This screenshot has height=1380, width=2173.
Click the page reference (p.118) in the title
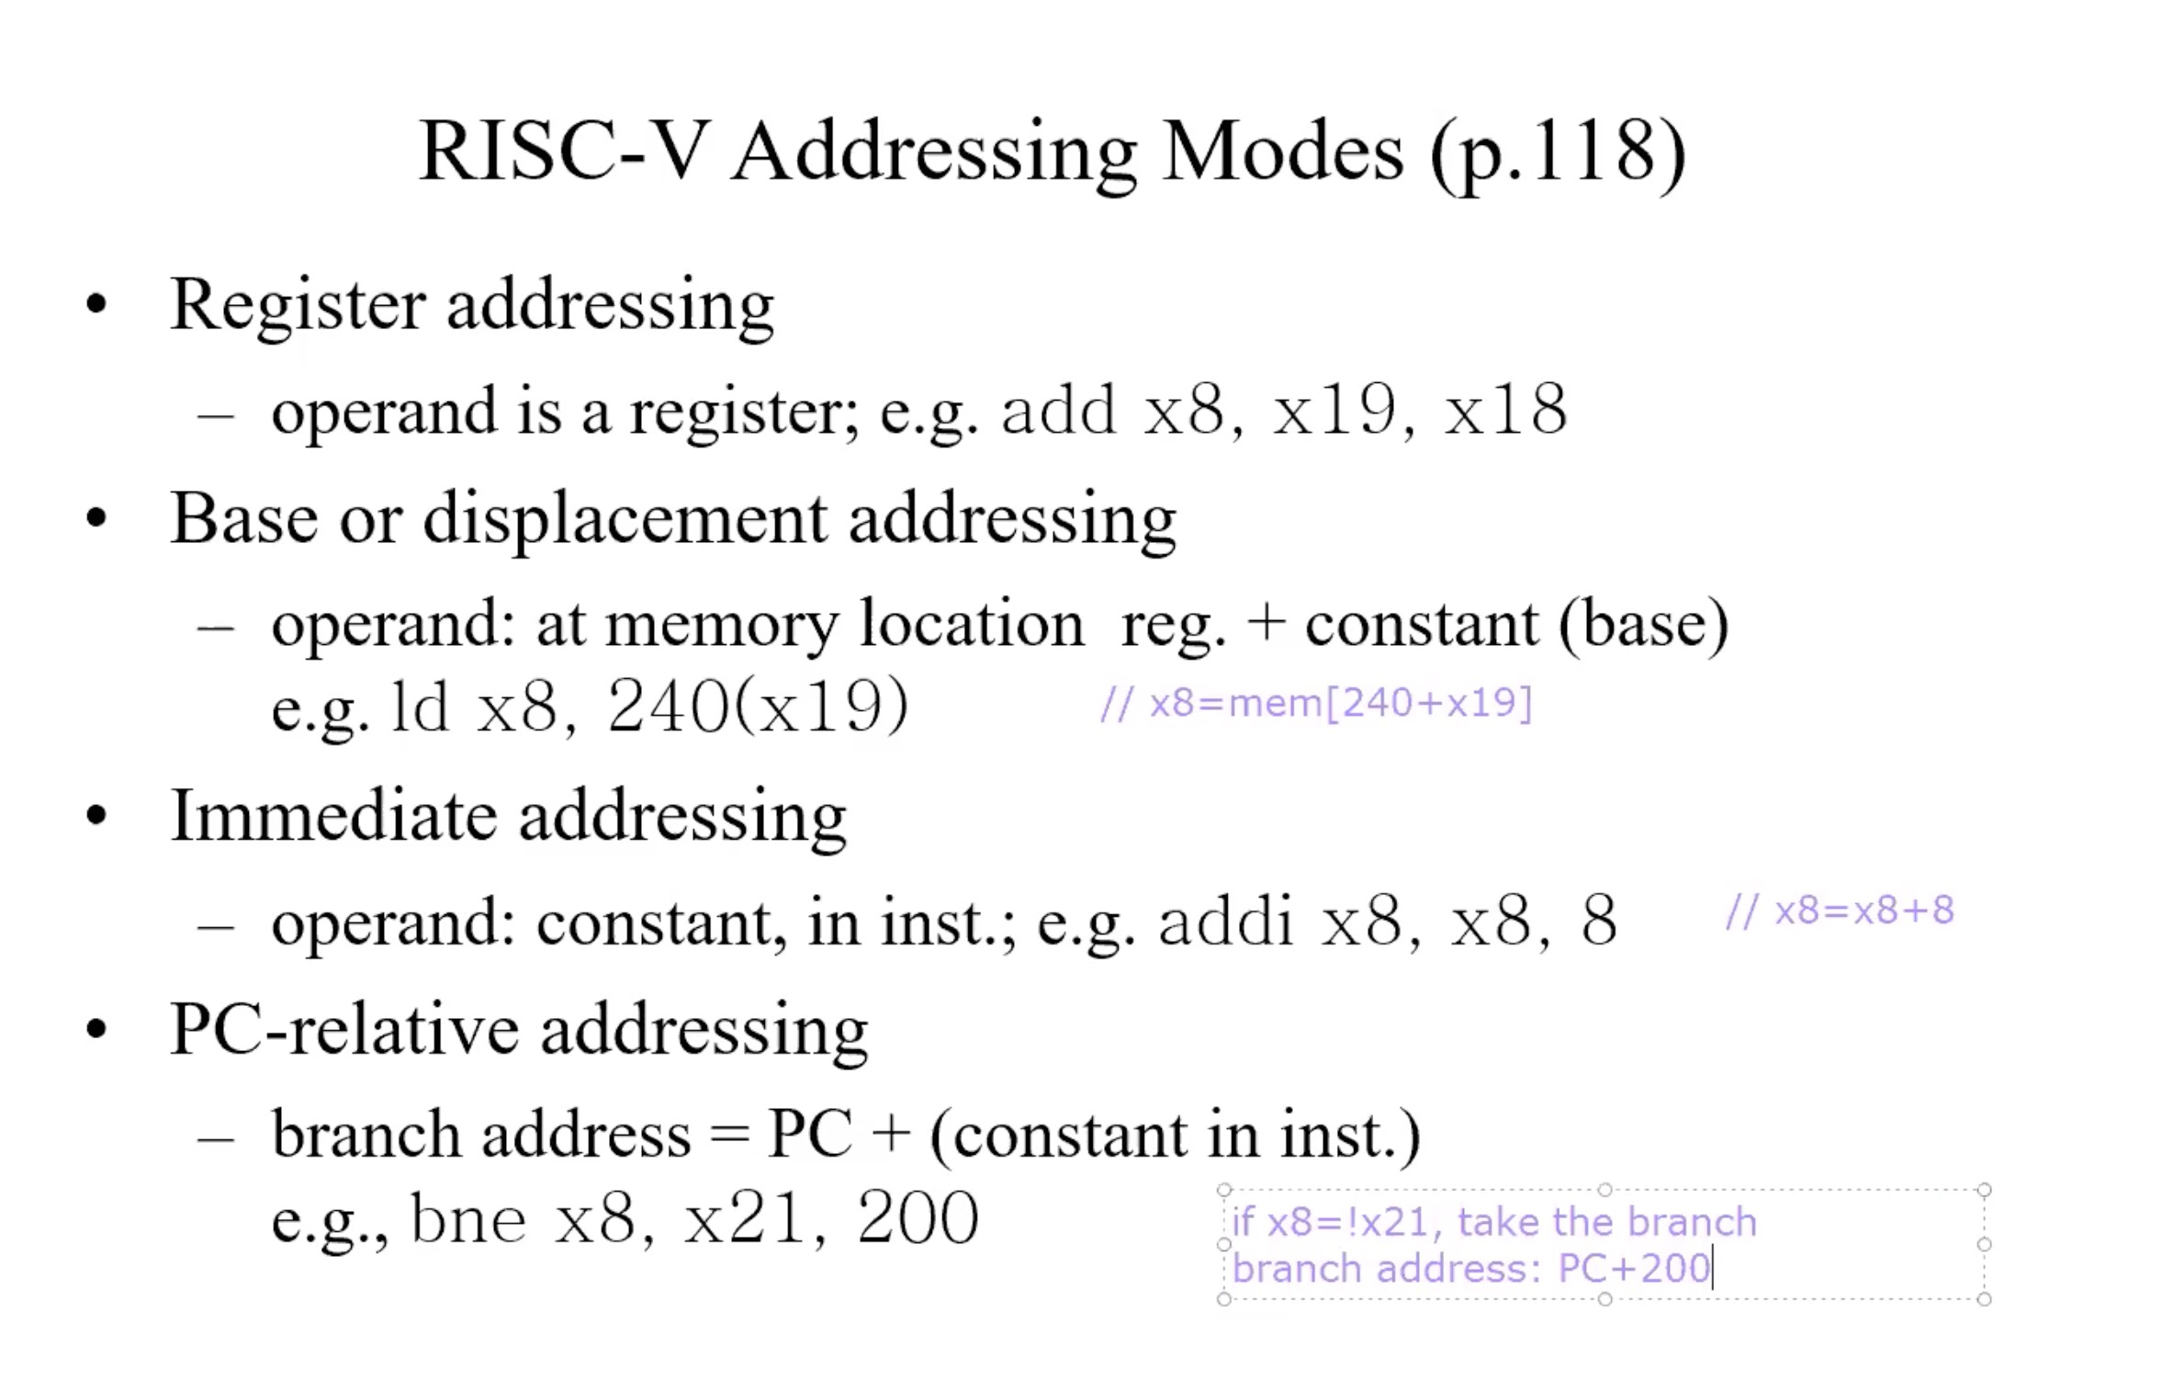click(1558, 153)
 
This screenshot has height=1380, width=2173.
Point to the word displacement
click(625, 520)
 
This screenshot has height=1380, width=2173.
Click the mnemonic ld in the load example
click(421, 707)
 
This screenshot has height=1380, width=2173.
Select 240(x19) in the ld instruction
click(758, 707)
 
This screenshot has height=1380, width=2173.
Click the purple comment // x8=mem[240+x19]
click(1317, 703)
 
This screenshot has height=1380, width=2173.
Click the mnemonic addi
click(1226, 921)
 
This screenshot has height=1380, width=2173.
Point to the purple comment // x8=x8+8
click(1841, 911)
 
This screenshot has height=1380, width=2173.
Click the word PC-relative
click(345, 1029)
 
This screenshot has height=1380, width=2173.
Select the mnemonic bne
click(468, 1218)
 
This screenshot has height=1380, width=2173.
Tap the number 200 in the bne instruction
click(918, 1218)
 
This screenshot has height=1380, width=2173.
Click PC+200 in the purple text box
click(1635, 1269)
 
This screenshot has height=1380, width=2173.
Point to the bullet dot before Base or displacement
click(96, 518)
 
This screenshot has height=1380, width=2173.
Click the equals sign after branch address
click(730, 1137)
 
